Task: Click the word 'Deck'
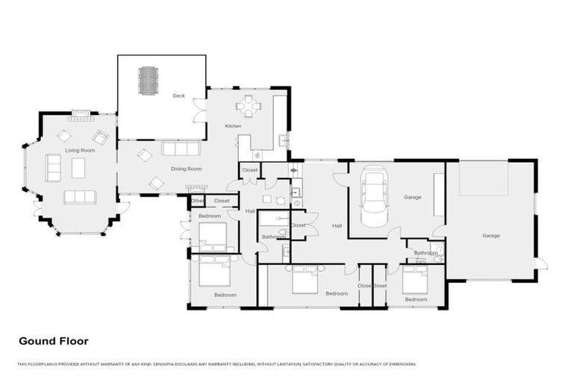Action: [x=178, y=96]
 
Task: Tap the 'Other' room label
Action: [x=197, y=201]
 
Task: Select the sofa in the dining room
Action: [x=181, y=148]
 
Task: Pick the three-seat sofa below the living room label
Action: [x=79, y=197]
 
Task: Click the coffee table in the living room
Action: [x=78, y=168]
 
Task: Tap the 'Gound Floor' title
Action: [x=54, y=341]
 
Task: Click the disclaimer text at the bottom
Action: [x=216, y=364]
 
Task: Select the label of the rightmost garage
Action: [x=490, y=236]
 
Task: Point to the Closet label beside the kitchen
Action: [x=250, y=171]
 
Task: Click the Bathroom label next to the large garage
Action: [x=425, y=253]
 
